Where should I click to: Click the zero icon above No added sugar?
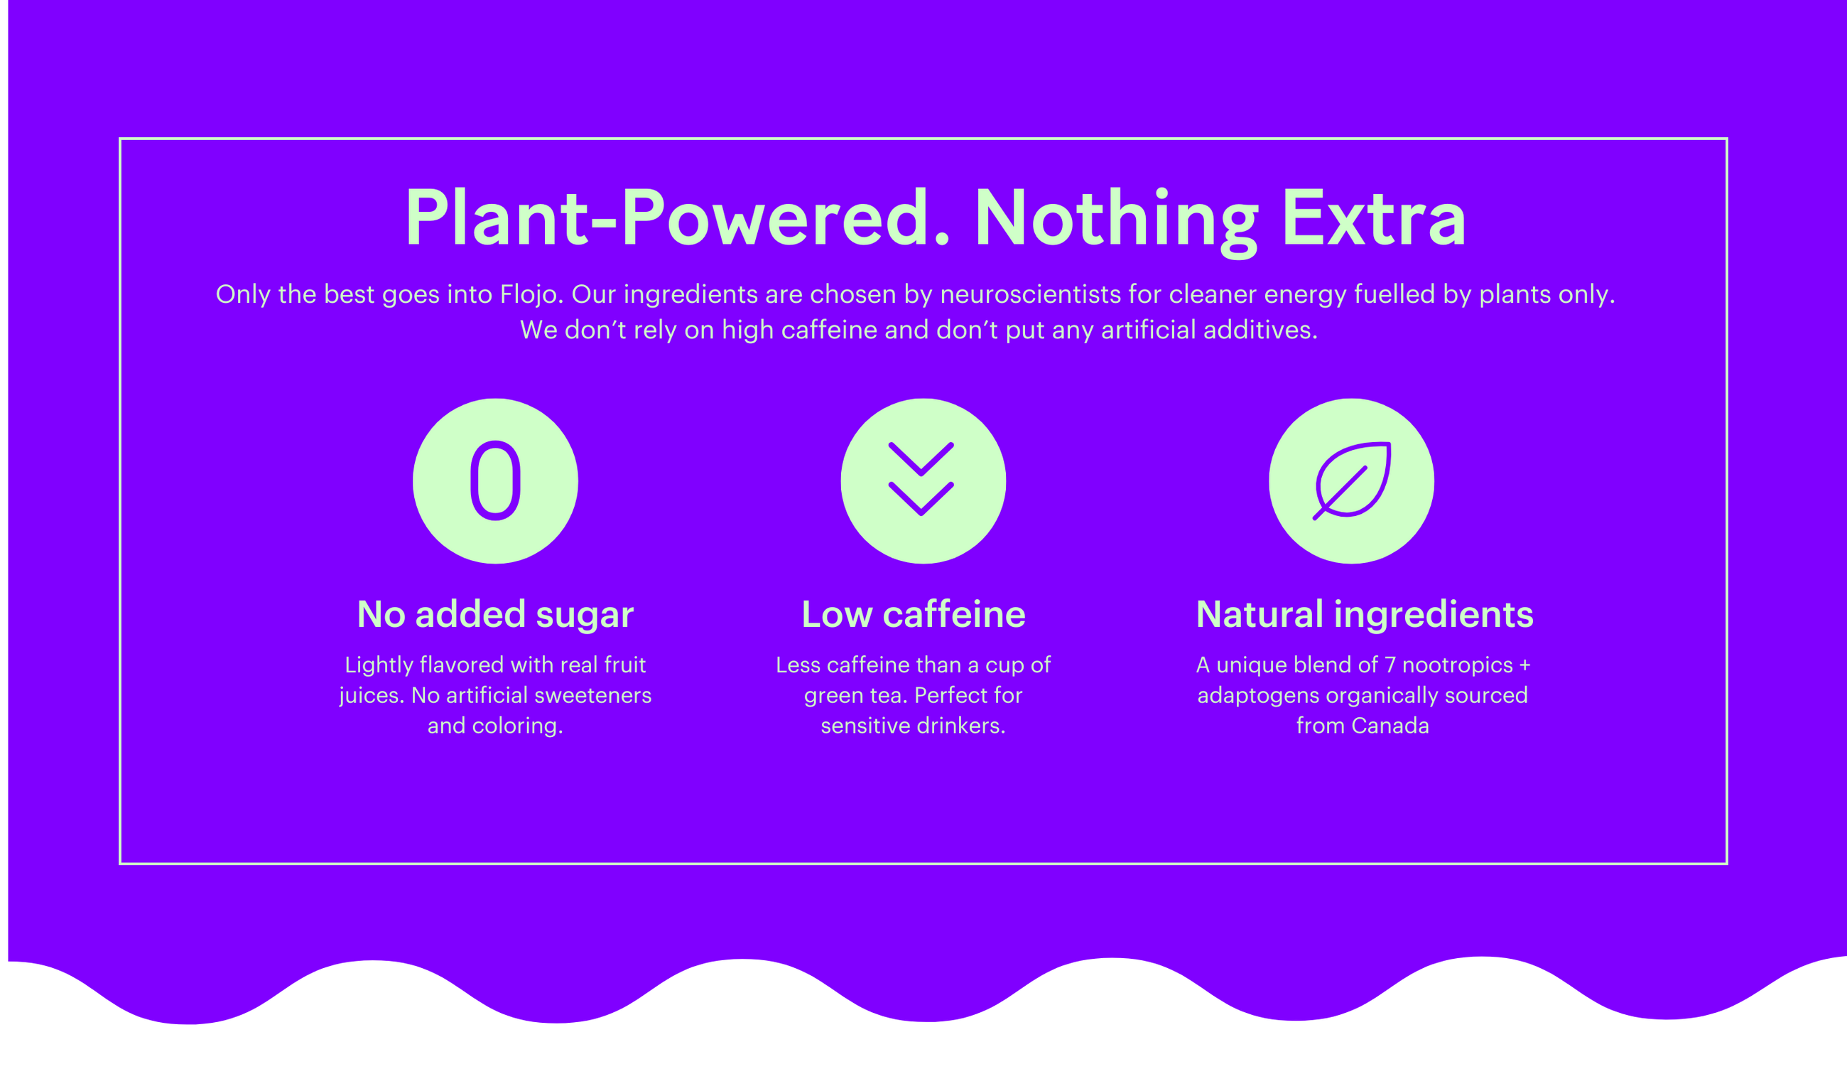tap(495, 481)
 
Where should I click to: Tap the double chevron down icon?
tap(922, 480)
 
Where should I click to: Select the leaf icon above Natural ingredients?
tap(1351, 481)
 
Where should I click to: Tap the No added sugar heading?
tap(495, 614)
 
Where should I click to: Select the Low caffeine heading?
tap(914, 614)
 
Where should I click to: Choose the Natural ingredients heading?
tap(1364, 614)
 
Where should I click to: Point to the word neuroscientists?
tap(1030, 295)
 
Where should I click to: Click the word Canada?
tap(1390, 726)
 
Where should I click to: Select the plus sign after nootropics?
tap(1524, 665)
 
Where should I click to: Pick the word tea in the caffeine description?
tap(885, 695)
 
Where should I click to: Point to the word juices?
tap(371, 696)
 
